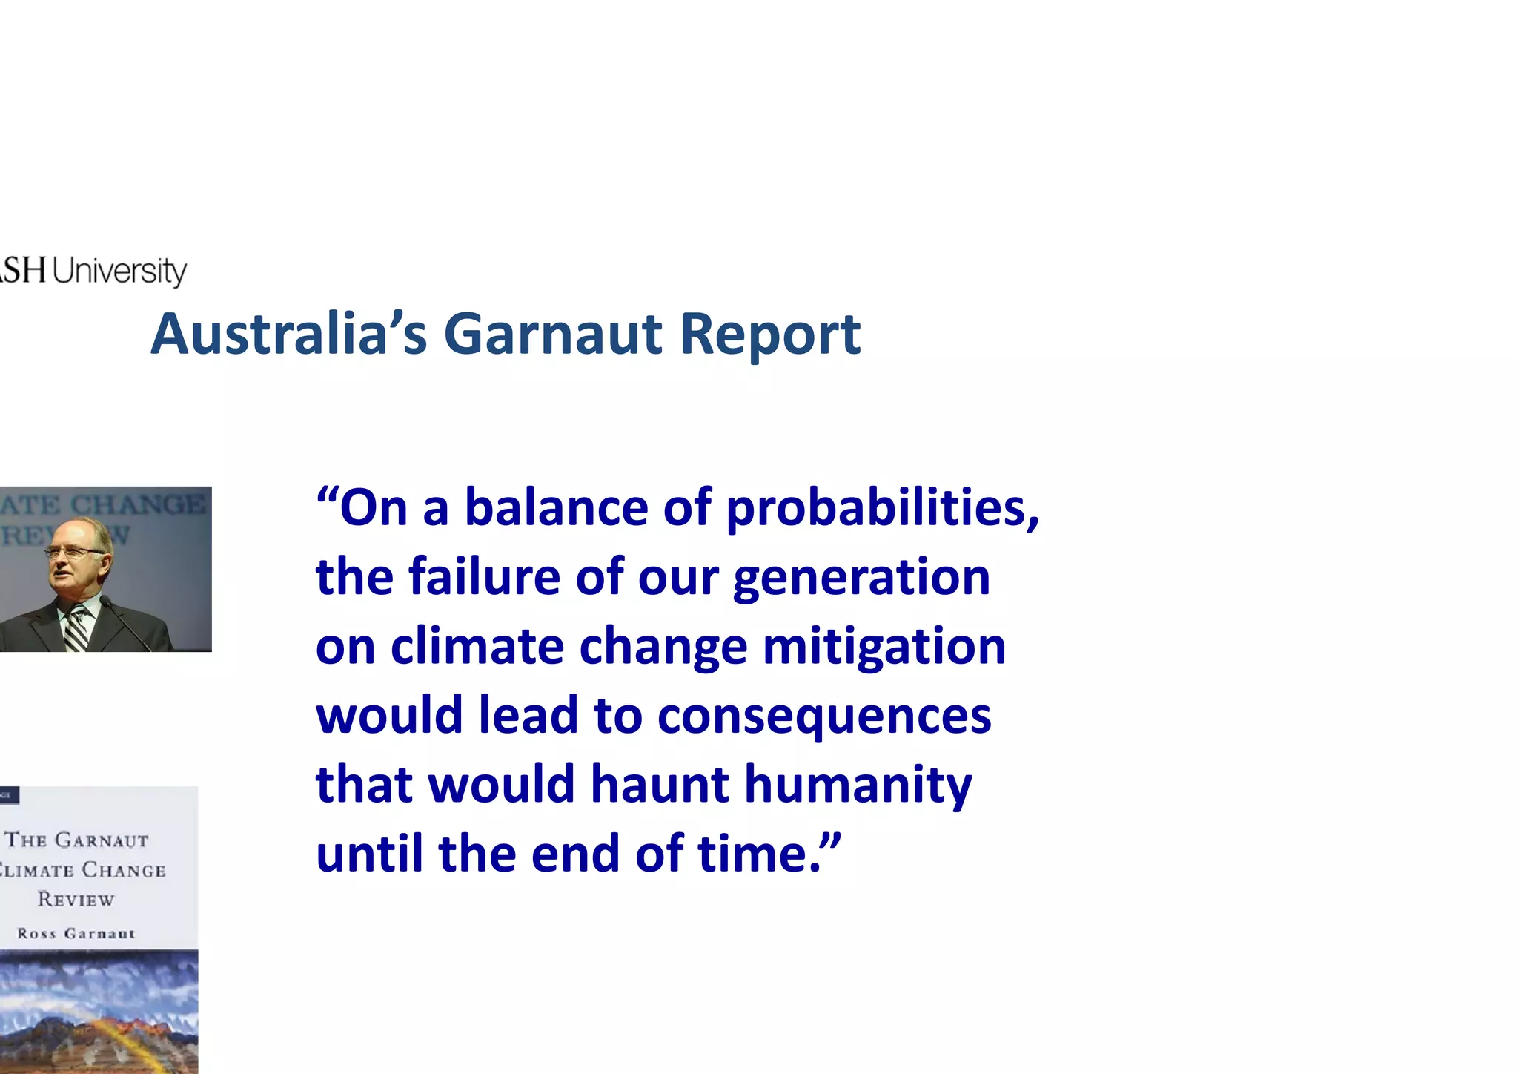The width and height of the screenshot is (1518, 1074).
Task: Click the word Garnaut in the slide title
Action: pos(552,334)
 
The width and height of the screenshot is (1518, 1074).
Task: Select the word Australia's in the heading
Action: pos(289,334)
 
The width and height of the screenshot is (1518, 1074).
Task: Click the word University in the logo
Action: pos(119,271)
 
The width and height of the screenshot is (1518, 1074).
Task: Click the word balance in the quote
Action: pos(556,508)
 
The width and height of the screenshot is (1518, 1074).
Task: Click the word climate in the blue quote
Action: pos(477,646)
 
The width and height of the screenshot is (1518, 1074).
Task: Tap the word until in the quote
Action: pos(369,853)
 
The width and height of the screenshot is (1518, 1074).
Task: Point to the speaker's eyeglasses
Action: pos(74,551)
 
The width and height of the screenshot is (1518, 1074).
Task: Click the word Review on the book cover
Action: pos(76,900)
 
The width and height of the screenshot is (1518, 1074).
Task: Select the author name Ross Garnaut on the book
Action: pos(76,933)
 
